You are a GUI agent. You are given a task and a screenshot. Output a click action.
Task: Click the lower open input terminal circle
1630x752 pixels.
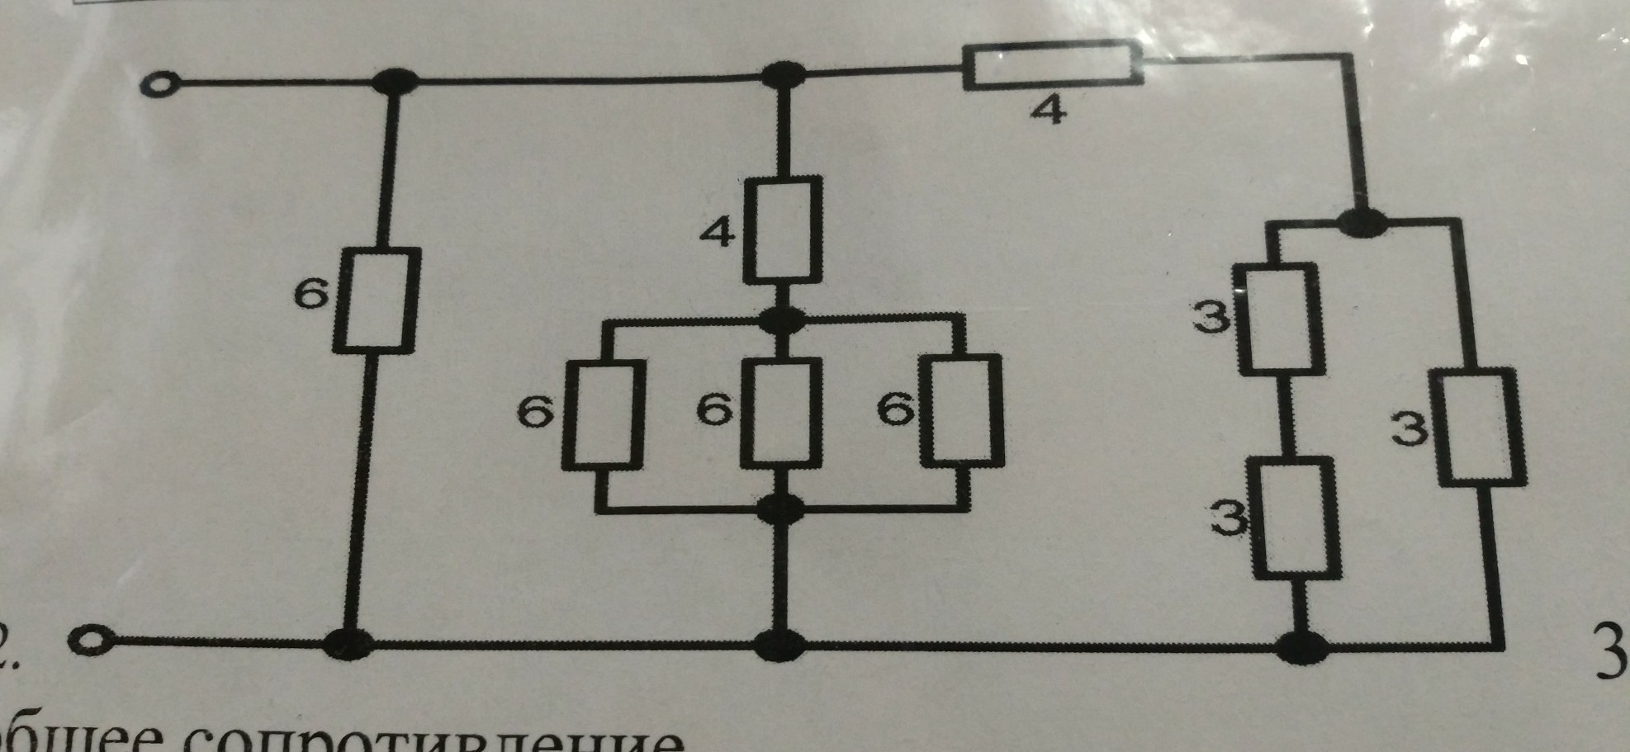click(x=88, y=639)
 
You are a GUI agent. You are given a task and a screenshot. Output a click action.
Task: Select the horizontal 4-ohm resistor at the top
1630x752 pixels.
click(x=1052, y=65)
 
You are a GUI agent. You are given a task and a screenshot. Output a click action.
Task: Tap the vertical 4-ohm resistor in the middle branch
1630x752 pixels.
click(x=783, y=229)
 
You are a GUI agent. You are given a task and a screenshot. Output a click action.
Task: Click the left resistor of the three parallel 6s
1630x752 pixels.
click(x=604, y=415)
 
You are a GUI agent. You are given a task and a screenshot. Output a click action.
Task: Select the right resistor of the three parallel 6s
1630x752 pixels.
click(x=962, y=409)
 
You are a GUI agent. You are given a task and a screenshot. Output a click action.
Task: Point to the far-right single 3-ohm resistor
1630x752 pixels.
click(x=1480, y=427)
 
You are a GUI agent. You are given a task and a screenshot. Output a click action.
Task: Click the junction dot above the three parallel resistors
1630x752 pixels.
click(x=782, y=319)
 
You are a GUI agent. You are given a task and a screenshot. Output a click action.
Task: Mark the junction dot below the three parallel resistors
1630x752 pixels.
click(x=779, y=508)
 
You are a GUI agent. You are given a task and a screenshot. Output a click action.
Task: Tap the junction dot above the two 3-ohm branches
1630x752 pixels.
click(x=1361, y=221)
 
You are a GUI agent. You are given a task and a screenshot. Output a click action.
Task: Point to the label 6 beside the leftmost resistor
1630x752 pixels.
click(x=311, y=295)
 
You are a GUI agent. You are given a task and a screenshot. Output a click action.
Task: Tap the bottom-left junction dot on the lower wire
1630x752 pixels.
click(x=348, y=643)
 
